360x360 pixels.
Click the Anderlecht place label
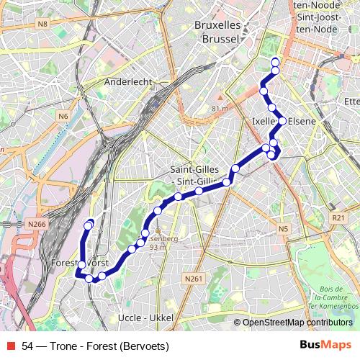pyautogui.click(x=128, y=82)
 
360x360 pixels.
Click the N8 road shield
pyautogui.click(x=44, y=24)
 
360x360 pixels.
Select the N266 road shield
pyautogui.click(x=37, y=225)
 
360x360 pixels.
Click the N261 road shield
pyautogui.click(x=192, y=279)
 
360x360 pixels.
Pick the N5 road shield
pyautogui.click(x=283, y=229)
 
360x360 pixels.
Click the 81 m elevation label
pyautogui.click(x=220, y=108)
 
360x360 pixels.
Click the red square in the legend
pyautogui.click(x=9, y=346)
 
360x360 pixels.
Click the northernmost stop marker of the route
pyautogui.click(x=275, y=62)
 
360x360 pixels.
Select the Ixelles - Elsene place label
pyautogui.click(x=284, y=122)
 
